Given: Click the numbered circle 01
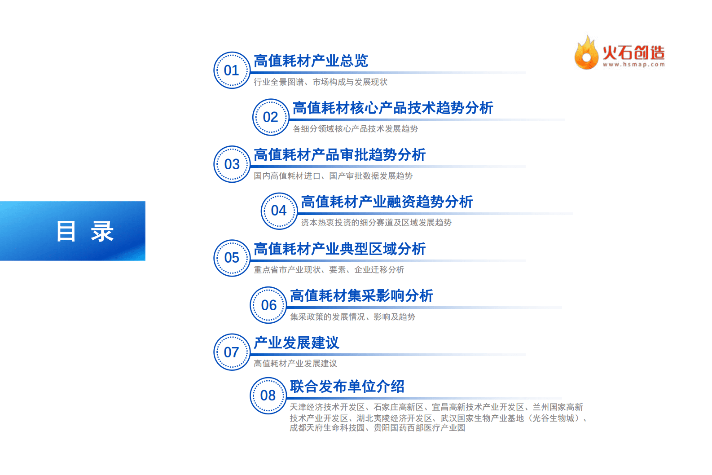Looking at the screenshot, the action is point(232,70).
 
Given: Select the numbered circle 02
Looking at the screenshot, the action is point(270,117).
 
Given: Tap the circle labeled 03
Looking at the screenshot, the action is point(232,164).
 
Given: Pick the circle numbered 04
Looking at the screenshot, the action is point(279,211).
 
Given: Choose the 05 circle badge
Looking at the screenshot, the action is point(232,258).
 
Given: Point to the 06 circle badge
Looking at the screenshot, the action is point(268,305).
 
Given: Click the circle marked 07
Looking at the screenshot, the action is point(232,352).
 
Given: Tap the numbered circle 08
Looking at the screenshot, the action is point(268,395).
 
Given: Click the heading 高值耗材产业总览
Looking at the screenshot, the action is point(311,61).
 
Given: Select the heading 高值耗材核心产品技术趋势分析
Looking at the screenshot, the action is point(393,108).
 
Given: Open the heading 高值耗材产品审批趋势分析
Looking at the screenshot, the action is point(339,155).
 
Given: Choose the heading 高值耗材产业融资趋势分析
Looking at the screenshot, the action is point(387,202).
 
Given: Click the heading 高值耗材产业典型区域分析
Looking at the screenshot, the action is point(339,249).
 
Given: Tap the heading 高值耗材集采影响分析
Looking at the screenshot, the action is point(361,296).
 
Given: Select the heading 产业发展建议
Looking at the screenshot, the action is point(296,343).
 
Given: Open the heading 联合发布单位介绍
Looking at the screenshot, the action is point(347,387).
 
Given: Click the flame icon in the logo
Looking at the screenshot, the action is point(586,53).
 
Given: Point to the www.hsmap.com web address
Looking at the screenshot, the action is point(633,65).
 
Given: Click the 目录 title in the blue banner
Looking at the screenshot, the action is point(85,231).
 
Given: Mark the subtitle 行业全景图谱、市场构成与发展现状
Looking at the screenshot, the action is point(321,82).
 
